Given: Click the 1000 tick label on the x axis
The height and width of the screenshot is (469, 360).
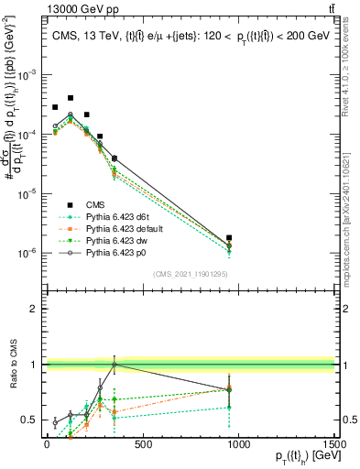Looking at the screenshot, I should point(238,445).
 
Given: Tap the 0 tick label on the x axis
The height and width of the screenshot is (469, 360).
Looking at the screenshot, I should point(47,445).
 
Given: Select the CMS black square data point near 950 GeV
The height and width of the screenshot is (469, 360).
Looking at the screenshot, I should point(229,238).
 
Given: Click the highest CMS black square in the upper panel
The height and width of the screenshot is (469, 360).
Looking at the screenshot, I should point(71,98).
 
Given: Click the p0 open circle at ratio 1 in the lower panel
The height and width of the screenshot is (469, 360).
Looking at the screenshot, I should point(115,365).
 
